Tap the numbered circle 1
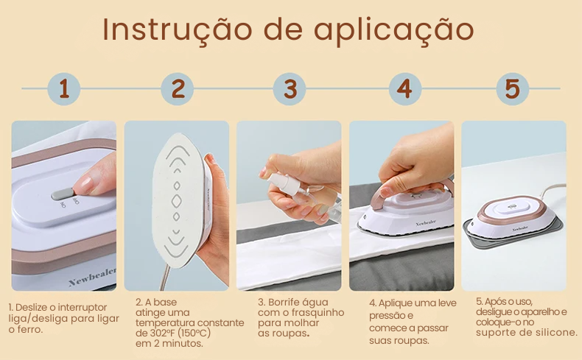[64, 89]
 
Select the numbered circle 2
[178, 89]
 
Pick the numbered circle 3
[290, 89]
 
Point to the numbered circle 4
[405, 89]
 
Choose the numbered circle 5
[513, 89]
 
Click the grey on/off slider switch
[63, 194]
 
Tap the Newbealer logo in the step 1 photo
[92, 277]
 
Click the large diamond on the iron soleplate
[177, 200]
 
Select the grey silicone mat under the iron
[513, 233]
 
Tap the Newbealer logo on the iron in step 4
[426, 223]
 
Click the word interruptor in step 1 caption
[83, 307]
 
